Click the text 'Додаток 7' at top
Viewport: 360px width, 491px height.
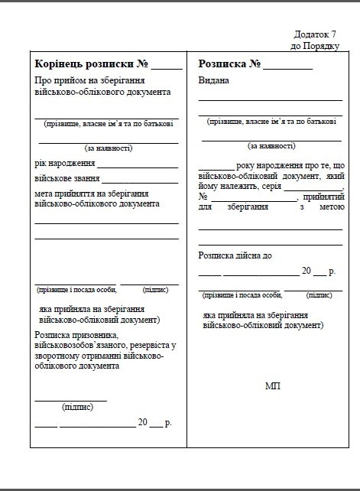(315, 34)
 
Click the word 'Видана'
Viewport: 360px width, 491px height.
(213, 81)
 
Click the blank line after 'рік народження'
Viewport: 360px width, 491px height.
(137, 165)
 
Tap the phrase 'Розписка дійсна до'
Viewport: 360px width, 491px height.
(235, 255)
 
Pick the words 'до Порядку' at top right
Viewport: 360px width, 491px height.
(314, 46)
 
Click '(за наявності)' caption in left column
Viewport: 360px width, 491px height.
(108, 148)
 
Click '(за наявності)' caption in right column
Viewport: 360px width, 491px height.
(271, 145)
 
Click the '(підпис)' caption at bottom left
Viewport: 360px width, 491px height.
(78, 407)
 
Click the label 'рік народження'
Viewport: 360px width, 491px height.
(64, 164)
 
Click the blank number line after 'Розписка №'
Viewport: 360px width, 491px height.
(289, 67)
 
